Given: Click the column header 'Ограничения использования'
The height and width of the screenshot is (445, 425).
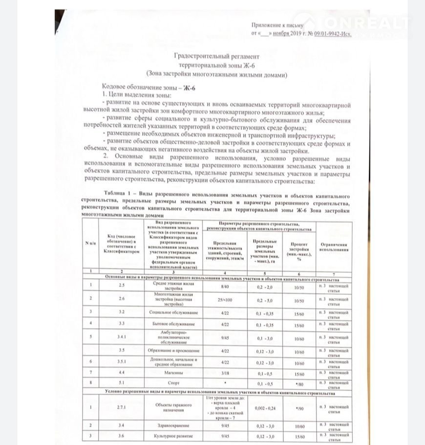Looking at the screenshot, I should pos(334,247).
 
